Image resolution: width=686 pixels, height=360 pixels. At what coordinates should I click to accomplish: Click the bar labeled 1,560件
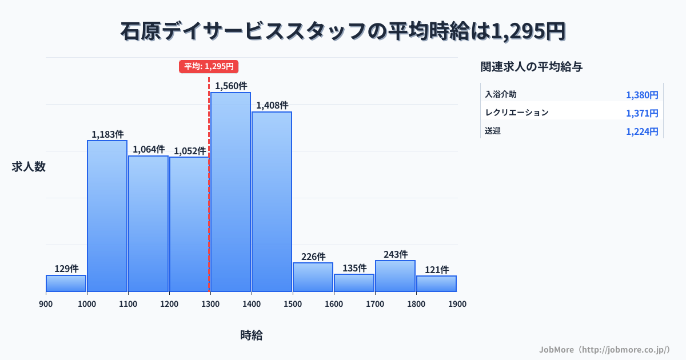230,192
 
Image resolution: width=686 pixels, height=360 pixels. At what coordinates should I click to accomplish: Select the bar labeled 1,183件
107,216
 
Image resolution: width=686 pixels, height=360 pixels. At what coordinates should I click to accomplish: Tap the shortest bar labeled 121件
436,283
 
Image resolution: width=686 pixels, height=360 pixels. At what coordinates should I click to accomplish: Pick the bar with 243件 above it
395,276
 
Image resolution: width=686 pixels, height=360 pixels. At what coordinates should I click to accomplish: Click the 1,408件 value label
272,105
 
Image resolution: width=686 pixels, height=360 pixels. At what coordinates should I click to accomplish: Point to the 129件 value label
66,269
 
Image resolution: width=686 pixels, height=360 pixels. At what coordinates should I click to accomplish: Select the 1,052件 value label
190,151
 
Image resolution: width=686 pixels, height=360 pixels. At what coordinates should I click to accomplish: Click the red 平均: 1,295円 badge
209,66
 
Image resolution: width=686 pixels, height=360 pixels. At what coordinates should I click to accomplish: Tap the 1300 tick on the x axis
210,304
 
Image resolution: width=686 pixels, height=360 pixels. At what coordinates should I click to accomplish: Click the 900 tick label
46,304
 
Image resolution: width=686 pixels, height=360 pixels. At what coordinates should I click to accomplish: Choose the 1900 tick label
457,304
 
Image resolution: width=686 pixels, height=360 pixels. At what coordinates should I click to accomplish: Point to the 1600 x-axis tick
334,304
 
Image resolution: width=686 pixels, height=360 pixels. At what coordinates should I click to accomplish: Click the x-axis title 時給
252,335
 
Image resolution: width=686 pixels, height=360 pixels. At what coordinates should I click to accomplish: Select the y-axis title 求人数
29,167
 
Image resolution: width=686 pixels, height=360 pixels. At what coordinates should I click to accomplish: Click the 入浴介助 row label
501,94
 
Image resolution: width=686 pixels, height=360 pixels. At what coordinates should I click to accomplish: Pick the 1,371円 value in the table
642,113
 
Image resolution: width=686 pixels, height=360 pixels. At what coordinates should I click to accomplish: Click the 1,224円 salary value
642,131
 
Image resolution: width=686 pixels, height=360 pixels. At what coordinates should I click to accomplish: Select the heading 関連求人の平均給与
532,67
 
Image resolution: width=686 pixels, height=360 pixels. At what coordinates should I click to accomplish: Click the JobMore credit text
604,349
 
